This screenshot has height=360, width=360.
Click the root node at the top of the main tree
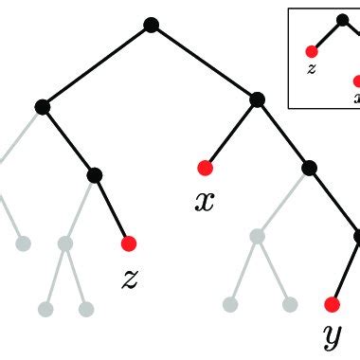click(x=151, y=26)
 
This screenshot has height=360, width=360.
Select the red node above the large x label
click(x=204, y=169)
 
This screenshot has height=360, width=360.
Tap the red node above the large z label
click(x=129, y=243)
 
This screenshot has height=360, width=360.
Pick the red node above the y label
click(x=332, y=304)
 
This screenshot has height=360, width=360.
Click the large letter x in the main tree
click(x=204, y=201)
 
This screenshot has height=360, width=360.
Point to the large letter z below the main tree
click(x=131, y=278)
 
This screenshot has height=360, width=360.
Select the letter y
click(x=332, y=335)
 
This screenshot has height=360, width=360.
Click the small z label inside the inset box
click(x=310, y=68)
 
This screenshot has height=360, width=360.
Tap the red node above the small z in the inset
click(x=310, y=51)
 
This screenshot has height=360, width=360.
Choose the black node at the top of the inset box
click(x=340, y=19)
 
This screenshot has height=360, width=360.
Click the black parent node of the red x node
click(x=257, y=99)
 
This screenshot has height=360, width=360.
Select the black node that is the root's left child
click(x=42, y=107)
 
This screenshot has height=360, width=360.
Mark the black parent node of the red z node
click(x=94, y=174)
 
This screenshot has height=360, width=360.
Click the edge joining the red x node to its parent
click(x=230, y=134)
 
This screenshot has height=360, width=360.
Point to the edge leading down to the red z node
click(x=112, y=209)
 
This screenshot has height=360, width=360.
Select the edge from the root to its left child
click(x=96, y=66)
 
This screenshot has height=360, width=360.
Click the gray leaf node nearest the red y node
click(x=290, y=304)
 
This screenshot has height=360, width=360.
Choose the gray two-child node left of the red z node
click(x=64, y=244)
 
